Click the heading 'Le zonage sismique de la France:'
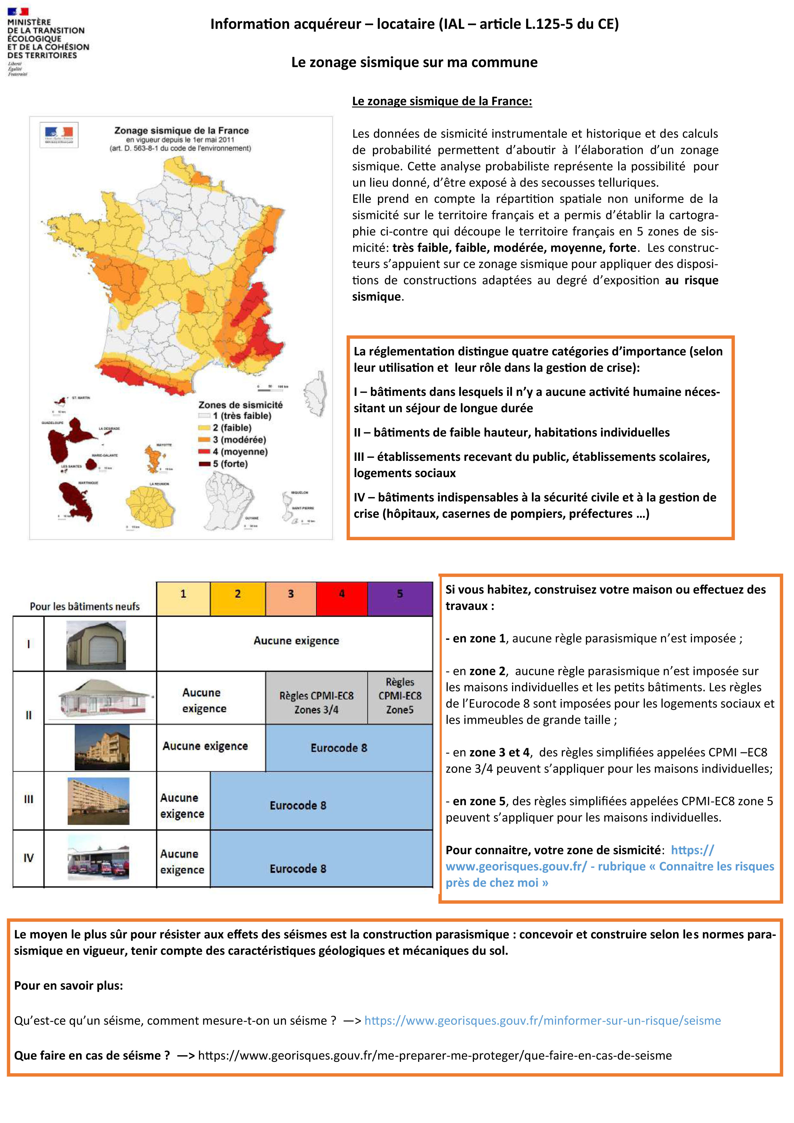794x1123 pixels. (x=442, y=101)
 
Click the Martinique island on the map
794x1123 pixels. (x=76, y=501)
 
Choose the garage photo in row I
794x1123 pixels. (x=96, y=645)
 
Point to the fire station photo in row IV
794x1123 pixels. (x=98, y=858)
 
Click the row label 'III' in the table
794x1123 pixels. (x=28, y=799)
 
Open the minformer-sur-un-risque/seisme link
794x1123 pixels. (x=542, y=1021)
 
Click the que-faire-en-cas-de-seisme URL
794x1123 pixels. (x=434, y=1055)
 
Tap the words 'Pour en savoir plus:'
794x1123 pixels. (x=68, y=986)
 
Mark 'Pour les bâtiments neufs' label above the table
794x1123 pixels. (x=84, y=606)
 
